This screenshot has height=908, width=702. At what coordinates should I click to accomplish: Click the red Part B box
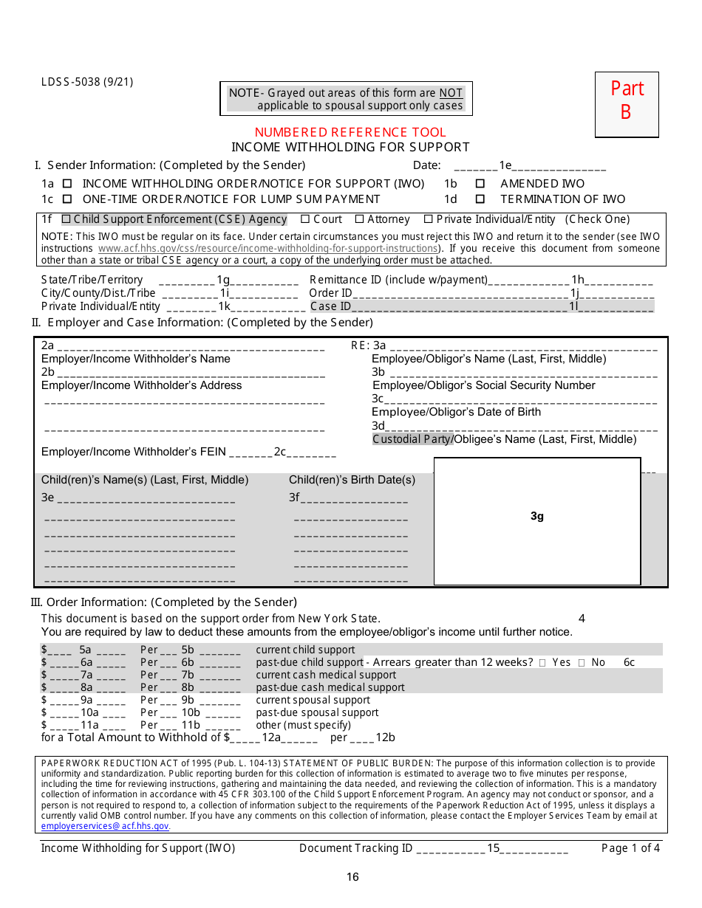[x=627, y=104]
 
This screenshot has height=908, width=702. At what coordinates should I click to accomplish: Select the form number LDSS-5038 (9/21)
[x=87, y=82]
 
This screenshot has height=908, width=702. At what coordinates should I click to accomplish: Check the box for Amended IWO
[x=480, y=184]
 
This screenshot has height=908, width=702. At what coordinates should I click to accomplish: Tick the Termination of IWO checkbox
[x=480, y=199]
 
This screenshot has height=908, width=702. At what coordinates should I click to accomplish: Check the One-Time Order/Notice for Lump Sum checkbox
[x=67, y=199]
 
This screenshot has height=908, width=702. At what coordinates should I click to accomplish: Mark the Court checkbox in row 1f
[x=305, y=219]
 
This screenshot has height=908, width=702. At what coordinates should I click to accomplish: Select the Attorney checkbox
[x=360, y=219]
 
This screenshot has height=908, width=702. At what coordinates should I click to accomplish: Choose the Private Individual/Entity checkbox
[x=429, y=219]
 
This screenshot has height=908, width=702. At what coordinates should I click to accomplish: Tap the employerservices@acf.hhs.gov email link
[x=105, y=826]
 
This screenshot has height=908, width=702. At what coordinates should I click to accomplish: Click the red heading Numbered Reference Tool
[x=350, y=132]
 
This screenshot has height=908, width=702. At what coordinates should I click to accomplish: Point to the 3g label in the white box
[x=537, y=516]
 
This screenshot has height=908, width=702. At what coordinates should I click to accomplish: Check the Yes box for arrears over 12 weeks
[x=543, y=663]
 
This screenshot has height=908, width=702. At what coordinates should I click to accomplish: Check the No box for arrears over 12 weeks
[x=582, y=663]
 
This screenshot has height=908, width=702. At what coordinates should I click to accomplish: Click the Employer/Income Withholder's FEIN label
[x=134, y=452]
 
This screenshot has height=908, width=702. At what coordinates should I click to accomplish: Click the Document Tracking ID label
[x=355, y=848]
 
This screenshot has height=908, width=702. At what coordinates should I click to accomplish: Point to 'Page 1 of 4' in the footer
[x=630, y=848]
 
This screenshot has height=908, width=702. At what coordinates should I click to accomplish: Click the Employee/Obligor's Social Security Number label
[x=483, y=385]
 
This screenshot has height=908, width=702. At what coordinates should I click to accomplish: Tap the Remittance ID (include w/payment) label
[x=399, y=280]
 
